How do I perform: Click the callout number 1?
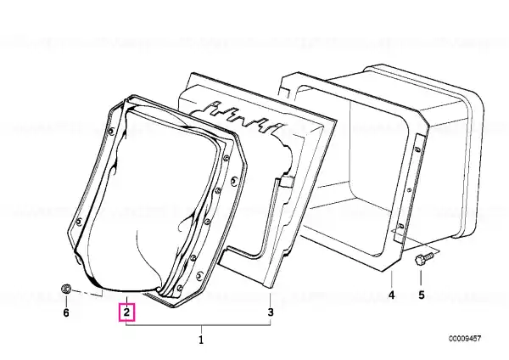click(x=201, y=340)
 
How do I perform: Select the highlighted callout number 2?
click(x=126, y=312)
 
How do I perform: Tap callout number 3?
click(x=271, y=312)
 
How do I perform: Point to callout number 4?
click(x=392, y=295)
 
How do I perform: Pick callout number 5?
click(x=421, y=295)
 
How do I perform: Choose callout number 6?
click(x=66, y=312)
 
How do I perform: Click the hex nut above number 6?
click(x=66, y=289)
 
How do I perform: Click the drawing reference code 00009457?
click(x=465, y=339)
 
